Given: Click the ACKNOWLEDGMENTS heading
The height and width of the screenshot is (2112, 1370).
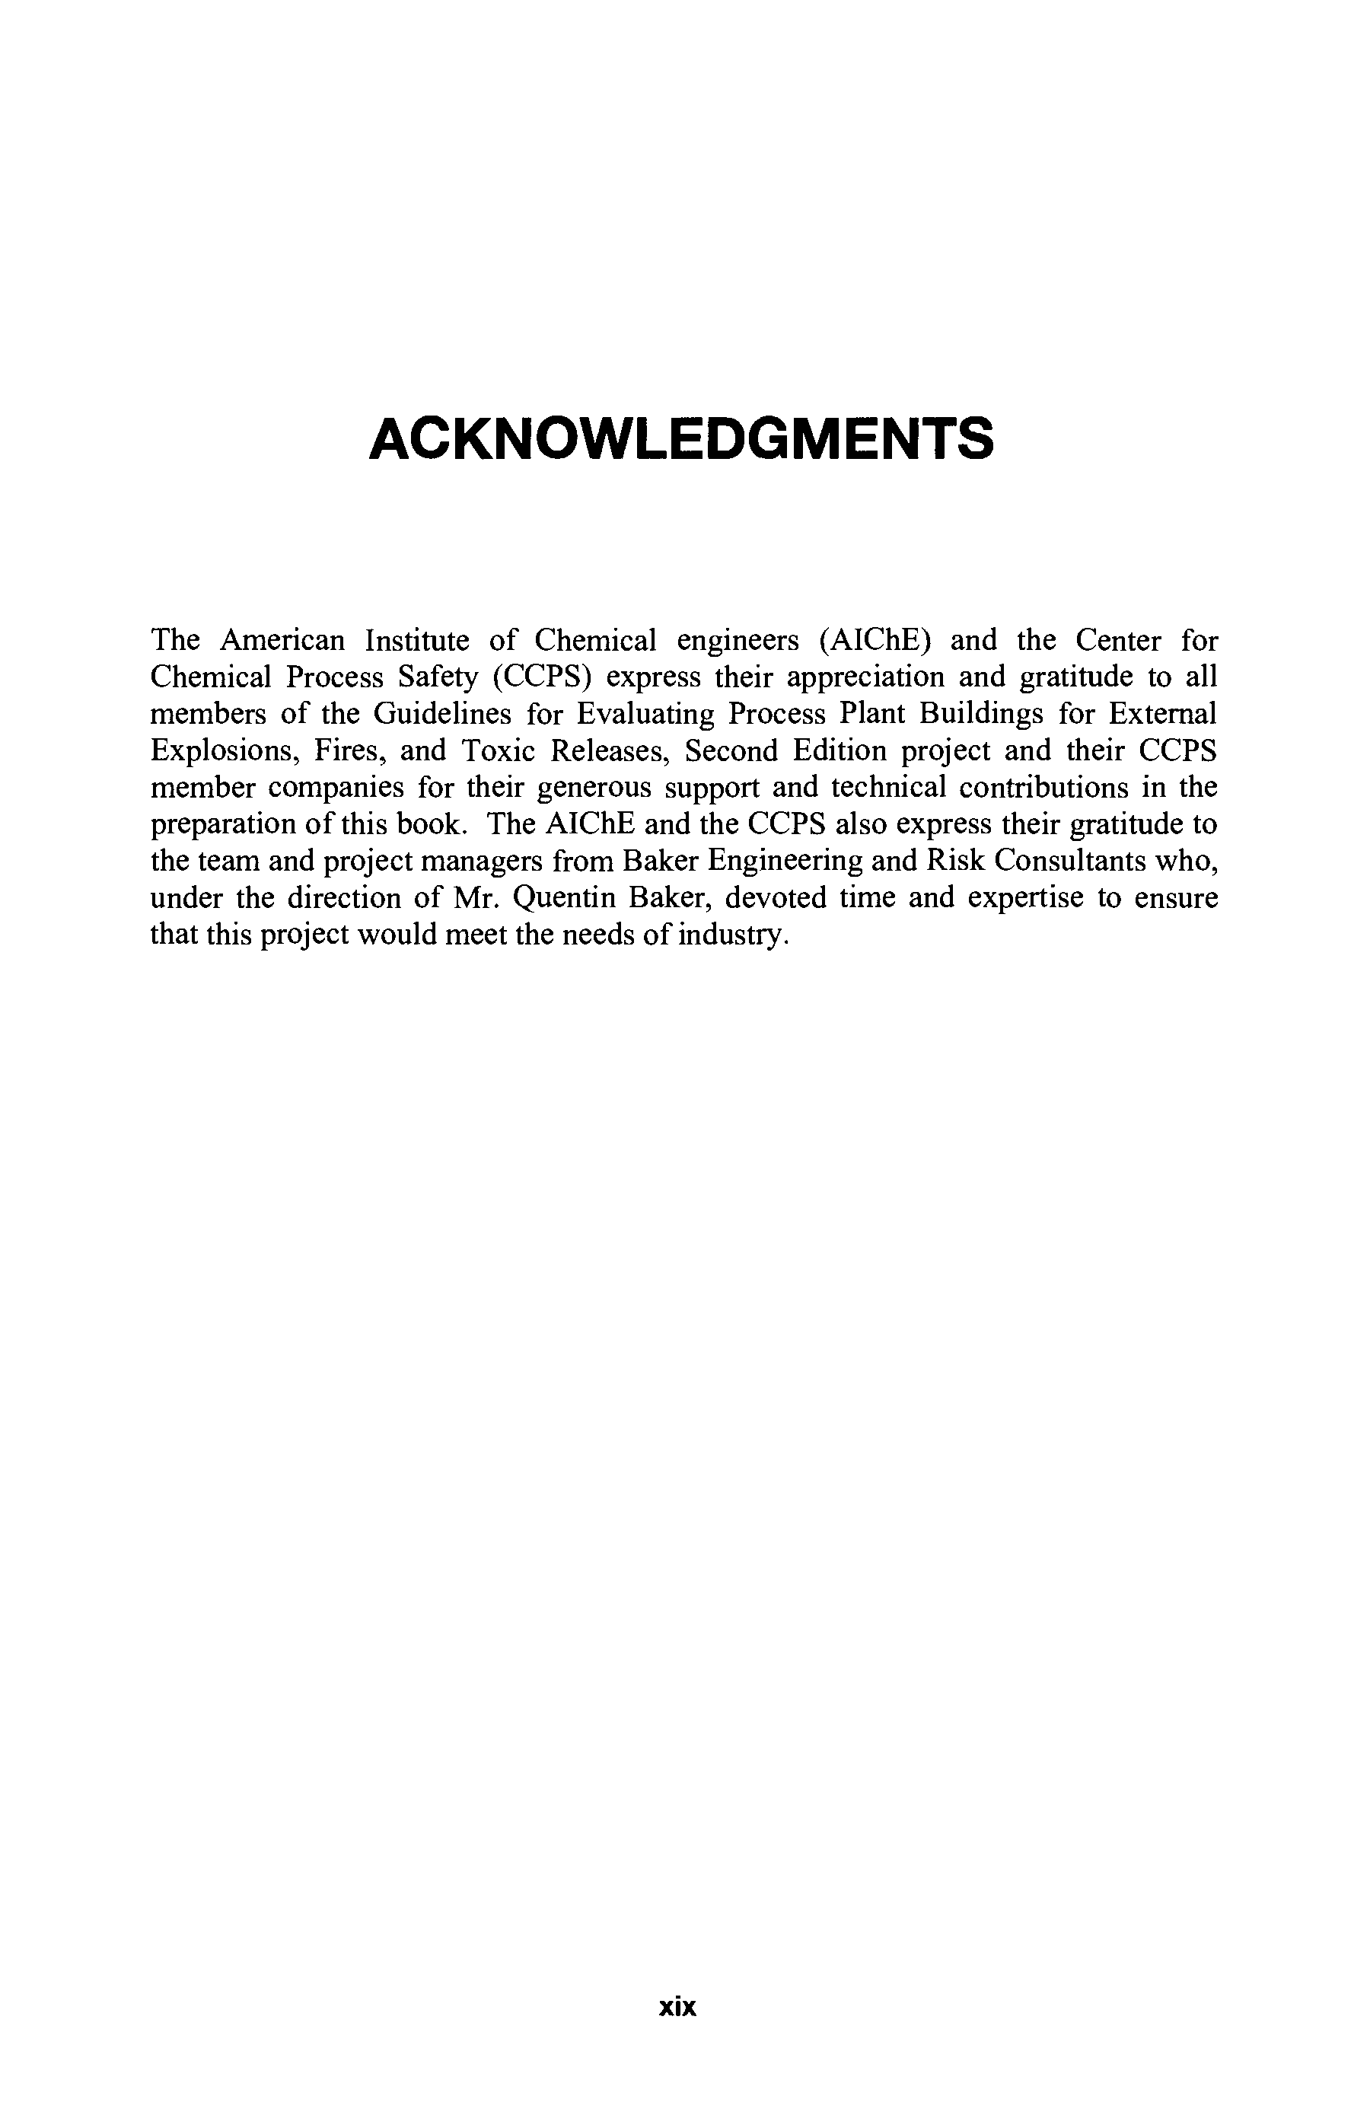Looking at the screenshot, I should pyautogui.click(x=680, y=438).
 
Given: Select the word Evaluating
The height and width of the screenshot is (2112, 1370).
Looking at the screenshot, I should pyautogui.click(x=633, y=713).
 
